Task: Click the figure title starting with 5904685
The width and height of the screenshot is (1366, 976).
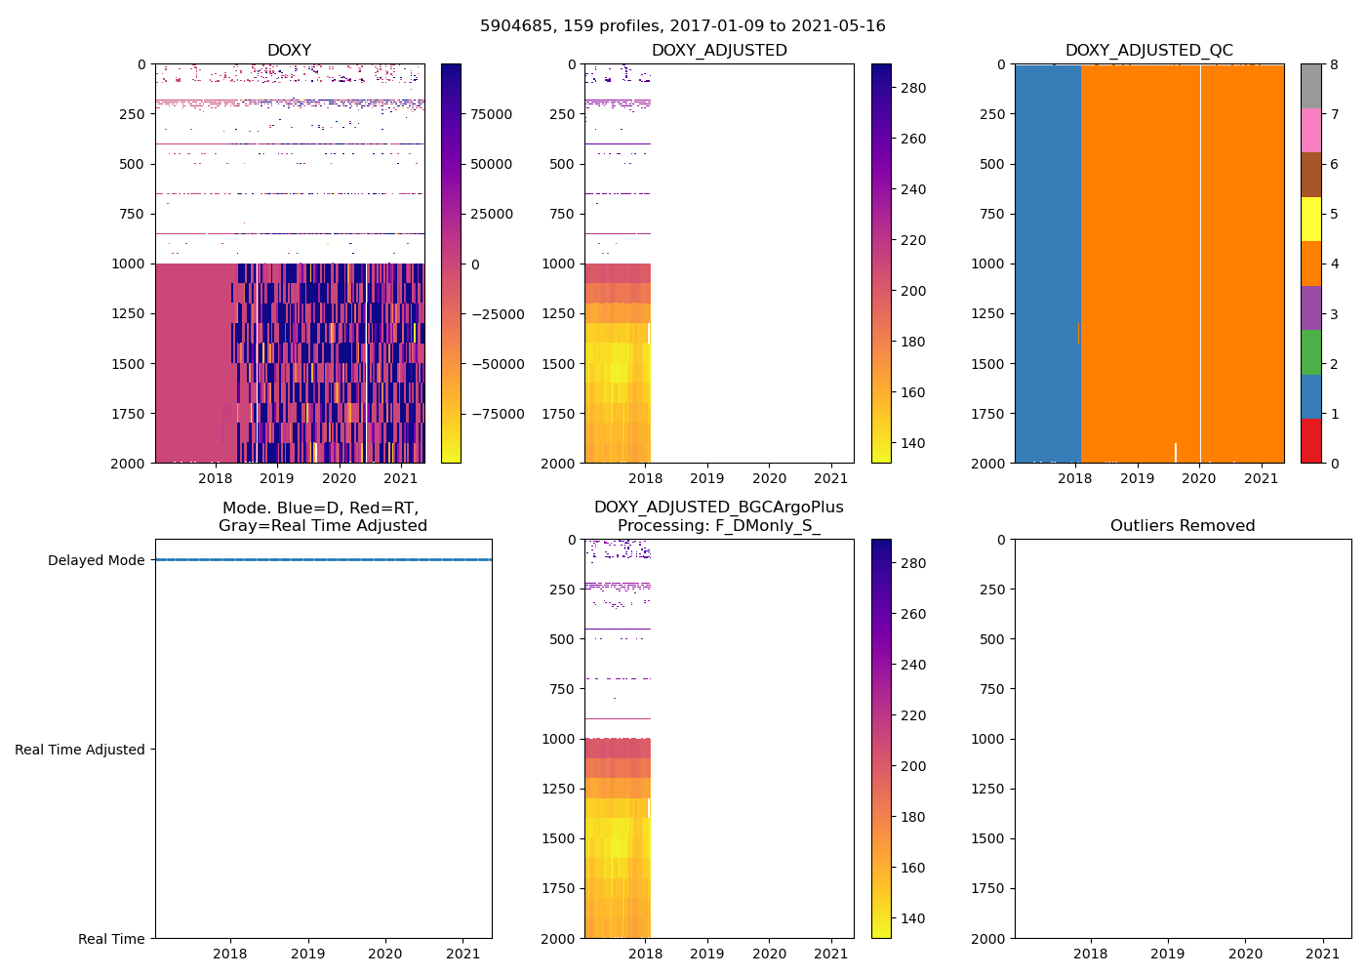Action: (682, 26)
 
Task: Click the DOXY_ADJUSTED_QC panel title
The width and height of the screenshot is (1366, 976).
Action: (1148, 50)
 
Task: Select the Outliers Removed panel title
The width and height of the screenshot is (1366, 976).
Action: (1182, 525)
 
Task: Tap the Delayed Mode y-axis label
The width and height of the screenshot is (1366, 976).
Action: (96, 560)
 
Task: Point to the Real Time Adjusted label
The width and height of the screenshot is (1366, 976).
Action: (79, 750)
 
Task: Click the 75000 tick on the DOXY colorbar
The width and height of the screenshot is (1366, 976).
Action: (491, 114)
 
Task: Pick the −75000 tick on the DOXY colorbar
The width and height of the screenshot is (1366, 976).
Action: (497, 414)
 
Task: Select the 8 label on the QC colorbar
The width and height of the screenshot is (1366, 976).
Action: (1334, 64)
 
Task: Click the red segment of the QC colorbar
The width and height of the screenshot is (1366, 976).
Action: (1310, 440)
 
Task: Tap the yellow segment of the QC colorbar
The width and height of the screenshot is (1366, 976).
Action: (1310, 219)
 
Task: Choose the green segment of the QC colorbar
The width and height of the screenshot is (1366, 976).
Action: (1310, 351)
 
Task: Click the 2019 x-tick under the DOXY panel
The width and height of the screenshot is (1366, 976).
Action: (277, 478)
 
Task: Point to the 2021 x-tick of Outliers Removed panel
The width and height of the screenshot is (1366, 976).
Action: (1322, 954)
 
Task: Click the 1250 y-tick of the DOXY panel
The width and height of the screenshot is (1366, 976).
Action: (128, 313)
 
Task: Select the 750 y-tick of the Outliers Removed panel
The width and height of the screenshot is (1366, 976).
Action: (991, 689)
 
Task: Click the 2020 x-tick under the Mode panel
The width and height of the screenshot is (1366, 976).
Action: (385, 954)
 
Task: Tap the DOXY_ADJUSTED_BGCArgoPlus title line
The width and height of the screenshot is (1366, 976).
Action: (718, 508)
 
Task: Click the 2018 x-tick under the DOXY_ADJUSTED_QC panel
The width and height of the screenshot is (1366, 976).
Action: (1075, 478)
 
